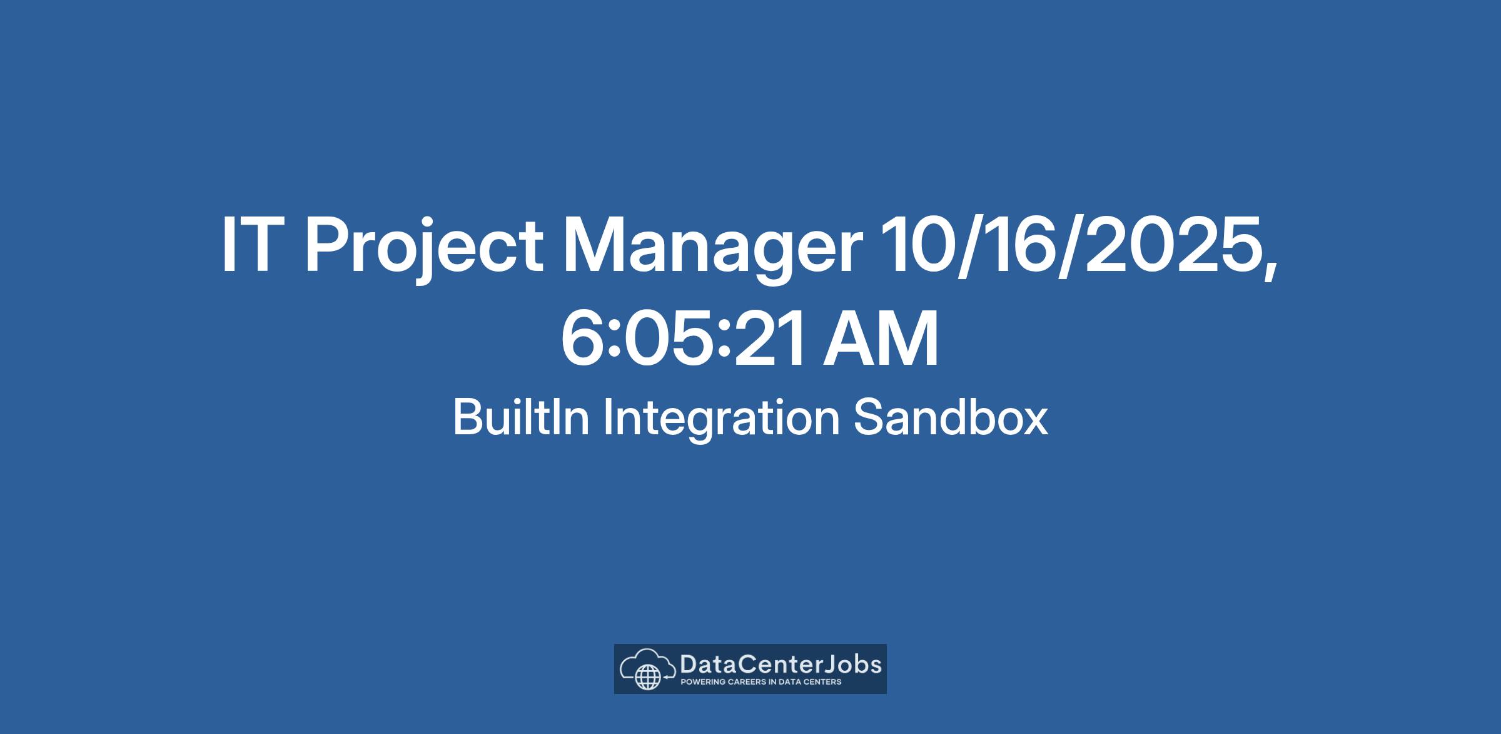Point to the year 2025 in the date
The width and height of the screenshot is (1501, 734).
pyautogui.click(x=1171, y=245)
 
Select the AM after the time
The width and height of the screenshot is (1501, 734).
pyautogui.click(x=881, y=339)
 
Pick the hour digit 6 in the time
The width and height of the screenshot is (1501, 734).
pyautogui.click(x=582, y=339)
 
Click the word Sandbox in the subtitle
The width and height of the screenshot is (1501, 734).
pyautogui.click(x=951, y=417)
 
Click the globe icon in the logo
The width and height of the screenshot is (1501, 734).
pyautogui.click(x=647, y=676)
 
